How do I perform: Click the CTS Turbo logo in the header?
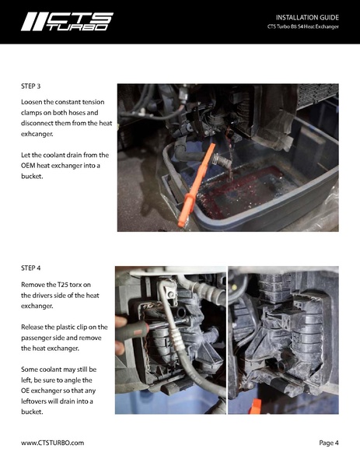(67, 21)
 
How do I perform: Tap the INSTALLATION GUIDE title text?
(307, 16)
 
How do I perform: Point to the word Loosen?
(35, 103)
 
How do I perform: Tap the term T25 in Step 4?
(72, 285)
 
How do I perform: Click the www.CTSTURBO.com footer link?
(52, 443)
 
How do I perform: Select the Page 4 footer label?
(328, 443)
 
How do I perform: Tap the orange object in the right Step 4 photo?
(254, 406)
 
